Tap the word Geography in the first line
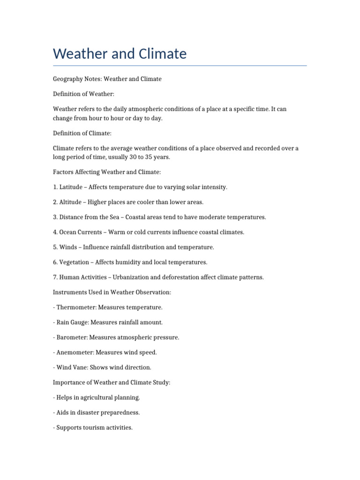coord(68,79)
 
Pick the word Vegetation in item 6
coord(75,262)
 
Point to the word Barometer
coord(71,337)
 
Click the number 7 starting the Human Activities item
coord(55,277)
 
